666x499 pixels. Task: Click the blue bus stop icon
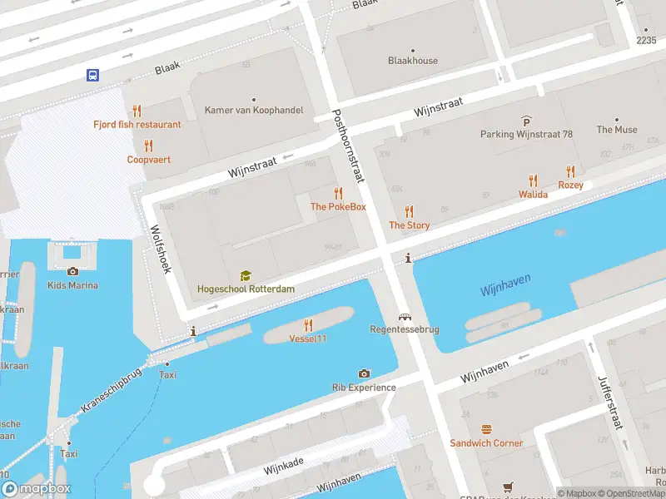click(x=92, y=75)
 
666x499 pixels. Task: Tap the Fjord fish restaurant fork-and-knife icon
click(x=137, y=110)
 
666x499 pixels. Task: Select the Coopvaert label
click(x=149, y=159)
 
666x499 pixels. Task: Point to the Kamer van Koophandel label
click(x=254, y=110)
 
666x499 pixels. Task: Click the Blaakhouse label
click(x=413, y=60)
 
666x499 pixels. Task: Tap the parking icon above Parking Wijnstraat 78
click(x=526, y=121)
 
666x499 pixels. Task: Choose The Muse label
click(x=616, y=130)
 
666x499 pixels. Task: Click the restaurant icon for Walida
click(x=533, y=180)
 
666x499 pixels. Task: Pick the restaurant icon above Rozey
click(x=570, y=171)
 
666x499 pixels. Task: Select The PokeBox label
click(x=337, y=206)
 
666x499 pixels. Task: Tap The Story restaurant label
click(x=409, y=225)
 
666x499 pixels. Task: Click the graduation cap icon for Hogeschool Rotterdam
click(x=246, y=275)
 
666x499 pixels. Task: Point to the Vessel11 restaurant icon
click(x=308, y=324)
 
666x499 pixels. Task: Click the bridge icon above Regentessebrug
click(x=405, y=317)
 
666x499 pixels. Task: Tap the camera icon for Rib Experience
click(x=364, y=373)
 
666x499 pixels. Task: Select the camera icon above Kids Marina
click(x=72, y=271)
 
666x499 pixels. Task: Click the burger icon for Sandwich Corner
click(x=486, y=429)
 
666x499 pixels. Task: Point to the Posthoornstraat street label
click(x=349, y=146)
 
